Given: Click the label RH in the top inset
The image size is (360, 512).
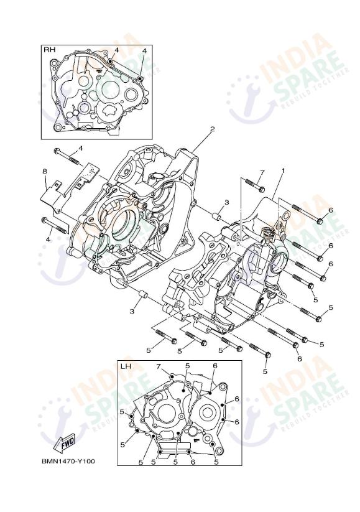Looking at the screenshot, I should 48,49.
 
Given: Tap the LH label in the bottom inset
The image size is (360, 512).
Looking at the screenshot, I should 126,366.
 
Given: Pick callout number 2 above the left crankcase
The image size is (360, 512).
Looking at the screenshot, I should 212,129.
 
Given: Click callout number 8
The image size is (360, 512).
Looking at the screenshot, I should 45,171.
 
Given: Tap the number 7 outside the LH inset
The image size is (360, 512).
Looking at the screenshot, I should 262,172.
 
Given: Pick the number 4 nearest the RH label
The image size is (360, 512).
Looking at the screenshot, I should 116,49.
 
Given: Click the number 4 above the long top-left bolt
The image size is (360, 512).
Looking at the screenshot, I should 80,149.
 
